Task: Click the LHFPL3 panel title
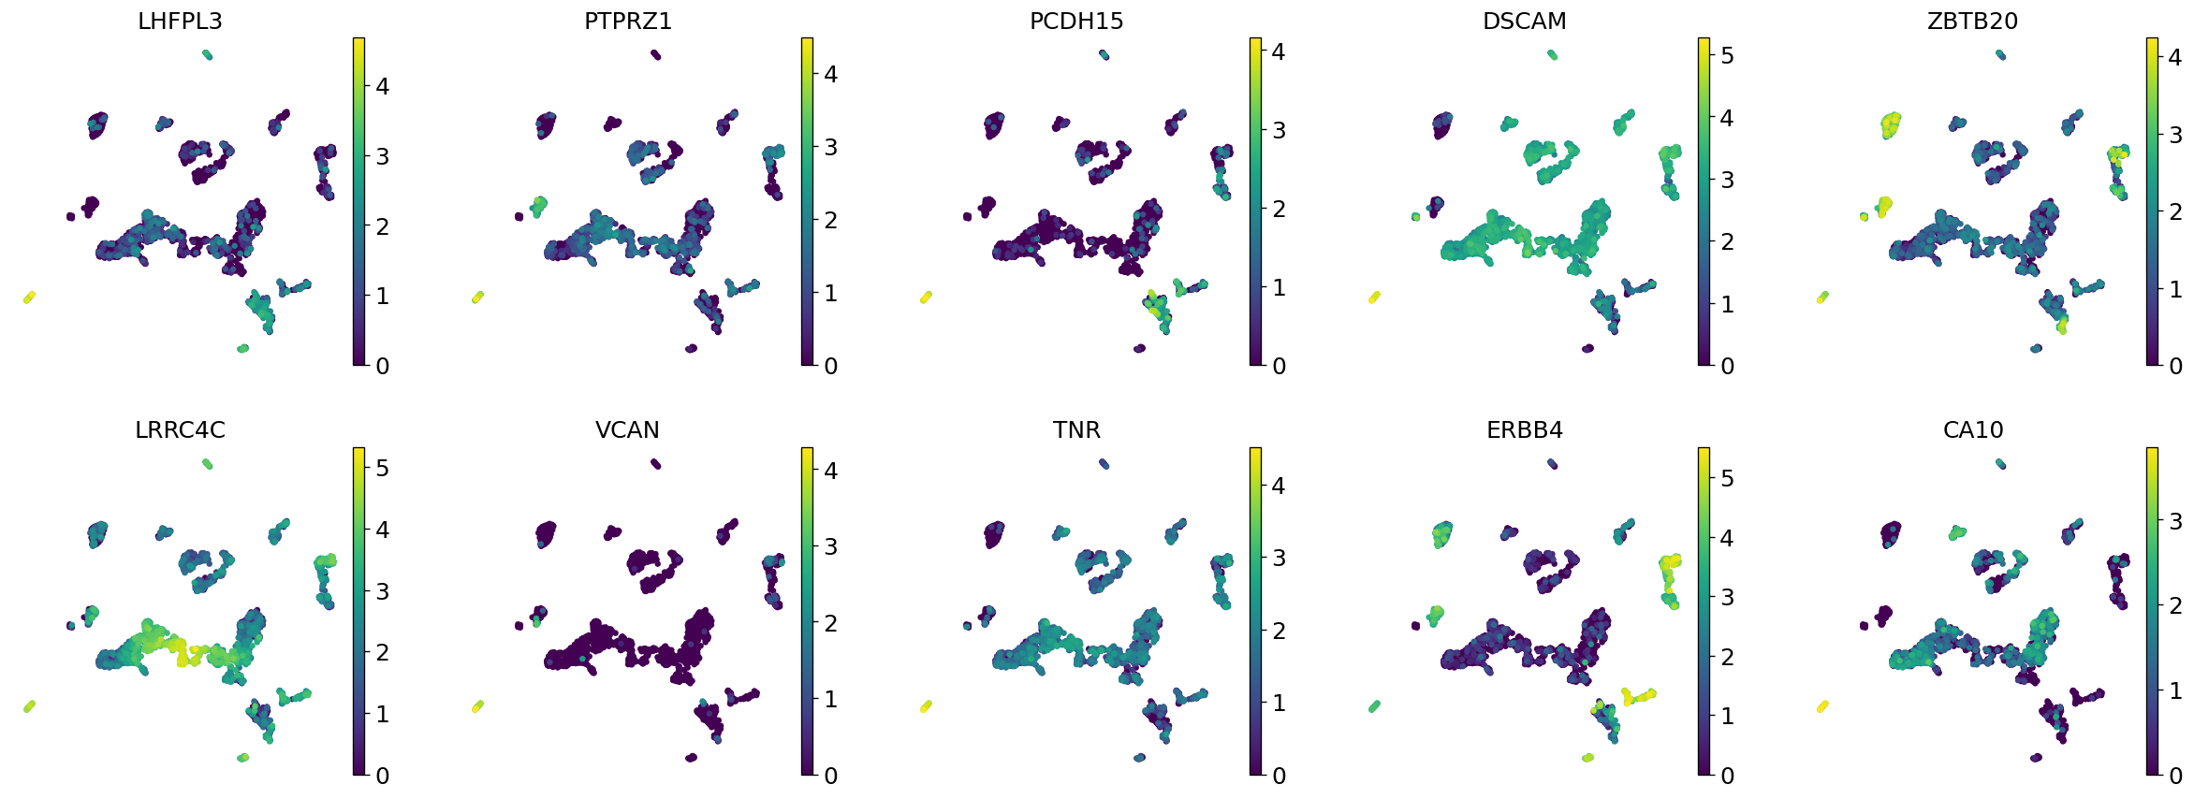180,22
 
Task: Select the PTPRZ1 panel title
628,22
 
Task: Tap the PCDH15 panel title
1076,22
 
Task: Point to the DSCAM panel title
1525,22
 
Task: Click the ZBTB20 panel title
1972,22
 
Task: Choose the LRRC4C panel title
180,430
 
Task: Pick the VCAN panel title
628,430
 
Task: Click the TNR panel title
1076,430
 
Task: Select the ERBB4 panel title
1525,430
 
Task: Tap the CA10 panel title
1972,430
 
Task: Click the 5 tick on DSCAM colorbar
1727,56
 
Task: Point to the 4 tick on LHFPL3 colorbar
382,87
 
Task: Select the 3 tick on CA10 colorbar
2175,521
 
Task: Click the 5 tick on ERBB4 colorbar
1727,479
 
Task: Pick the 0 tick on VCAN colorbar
830,776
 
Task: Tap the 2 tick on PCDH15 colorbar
1279,210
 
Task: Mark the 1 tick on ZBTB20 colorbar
2175,289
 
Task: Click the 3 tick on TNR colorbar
1279,559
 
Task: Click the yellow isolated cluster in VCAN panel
477,706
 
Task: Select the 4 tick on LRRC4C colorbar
382,530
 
